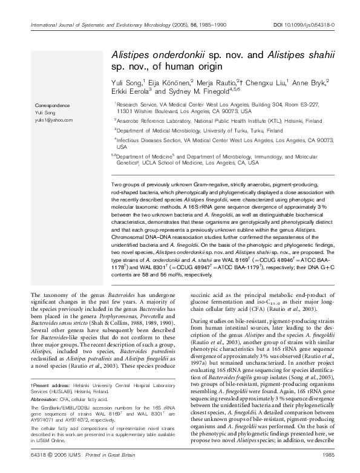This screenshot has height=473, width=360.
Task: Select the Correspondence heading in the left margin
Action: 51,105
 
